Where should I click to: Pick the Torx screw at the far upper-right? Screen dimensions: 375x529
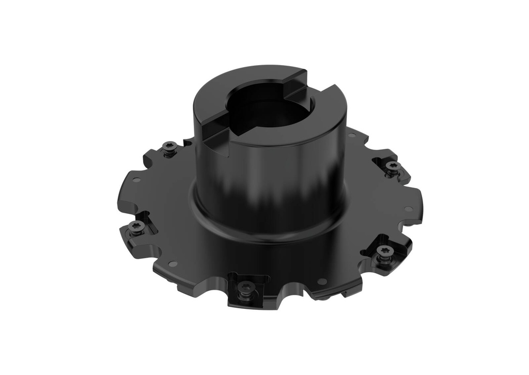pos(393,166)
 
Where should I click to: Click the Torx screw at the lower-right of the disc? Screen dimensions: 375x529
pos(383,251)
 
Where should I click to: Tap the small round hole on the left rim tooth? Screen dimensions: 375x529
pos(136,180)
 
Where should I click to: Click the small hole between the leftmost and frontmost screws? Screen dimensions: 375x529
pos(173,264)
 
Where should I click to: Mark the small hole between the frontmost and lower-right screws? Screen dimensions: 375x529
pos(322,282)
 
